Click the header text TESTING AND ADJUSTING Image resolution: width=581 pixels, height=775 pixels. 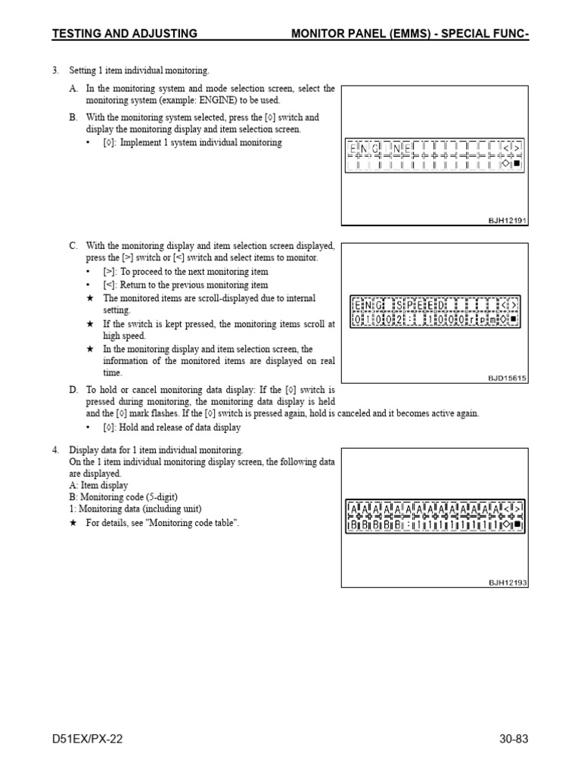point(125,33)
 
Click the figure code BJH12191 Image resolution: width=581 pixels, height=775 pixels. point(507,220)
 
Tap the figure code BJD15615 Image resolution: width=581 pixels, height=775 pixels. point(507,377)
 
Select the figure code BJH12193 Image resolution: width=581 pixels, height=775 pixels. point(507,582)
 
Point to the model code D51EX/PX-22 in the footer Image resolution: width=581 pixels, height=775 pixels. point(87,739)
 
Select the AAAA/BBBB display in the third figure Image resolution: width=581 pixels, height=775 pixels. point(435,515)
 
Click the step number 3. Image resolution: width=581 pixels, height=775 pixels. point(55,70)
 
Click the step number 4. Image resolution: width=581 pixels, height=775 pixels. point(55,450)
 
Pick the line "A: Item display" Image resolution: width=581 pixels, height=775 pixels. point(98,485)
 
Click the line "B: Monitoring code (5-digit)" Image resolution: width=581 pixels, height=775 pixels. point(126,497)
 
